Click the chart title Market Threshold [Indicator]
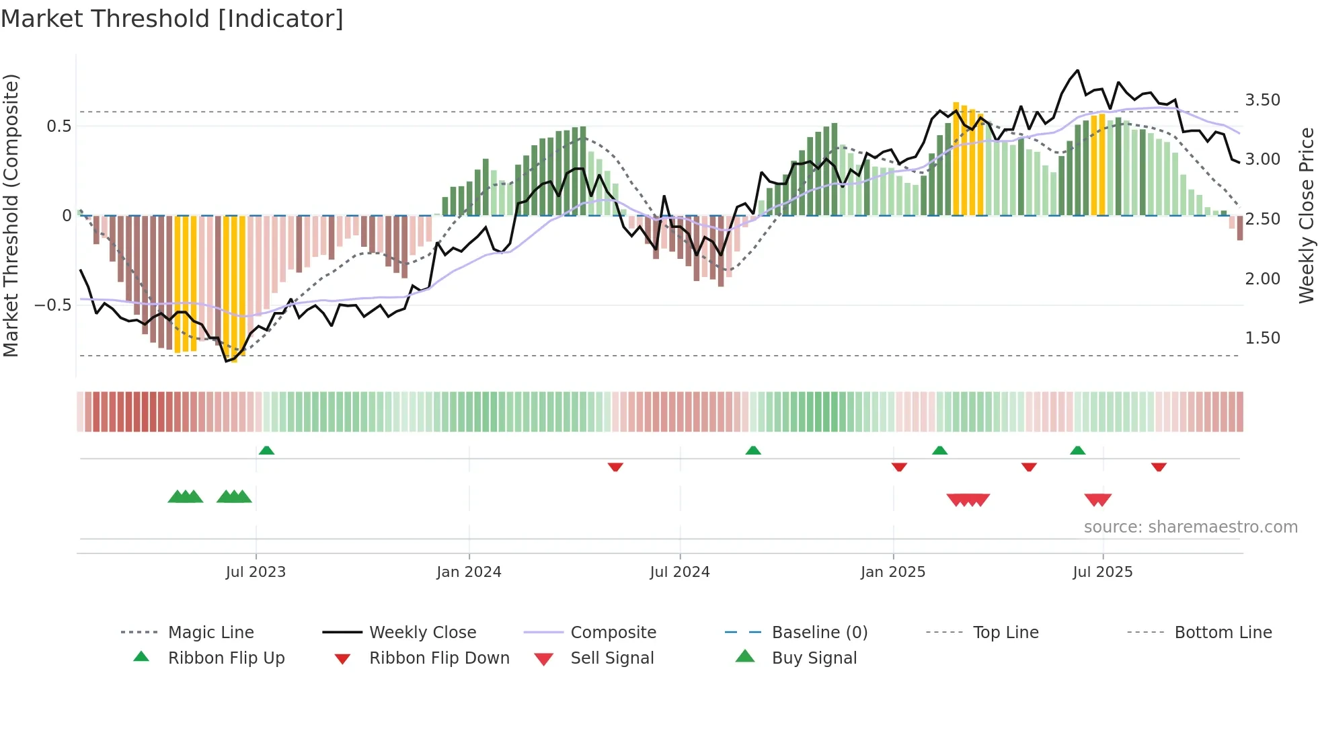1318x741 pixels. (172, 19)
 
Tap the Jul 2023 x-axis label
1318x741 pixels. (256, 572)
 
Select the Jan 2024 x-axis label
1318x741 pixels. (469, 572)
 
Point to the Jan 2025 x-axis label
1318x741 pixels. (893, 572)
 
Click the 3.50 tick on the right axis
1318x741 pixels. (1262, 100)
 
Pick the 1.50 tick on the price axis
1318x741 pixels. (1262, 338)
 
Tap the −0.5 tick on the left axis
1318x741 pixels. (53, 305)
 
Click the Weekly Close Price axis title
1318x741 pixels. (1306, 215)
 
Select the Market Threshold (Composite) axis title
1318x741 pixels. (11, 215)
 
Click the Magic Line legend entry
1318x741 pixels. (210, 633)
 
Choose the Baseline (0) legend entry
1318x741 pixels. (819, 633)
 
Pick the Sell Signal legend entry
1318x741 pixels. (611, 658)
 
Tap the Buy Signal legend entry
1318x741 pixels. (814, 658)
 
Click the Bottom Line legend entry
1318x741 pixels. (1223, 633)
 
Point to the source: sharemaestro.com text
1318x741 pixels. (1190, 527)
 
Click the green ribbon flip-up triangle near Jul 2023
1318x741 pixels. (266, 451)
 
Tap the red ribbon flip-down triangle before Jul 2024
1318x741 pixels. (615, 467)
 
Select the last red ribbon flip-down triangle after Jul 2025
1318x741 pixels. (1159, 467)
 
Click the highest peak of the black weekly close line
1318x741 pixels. (1077, 70)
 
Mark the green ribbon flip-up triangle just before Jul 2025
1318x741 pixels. (1077, 451)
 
